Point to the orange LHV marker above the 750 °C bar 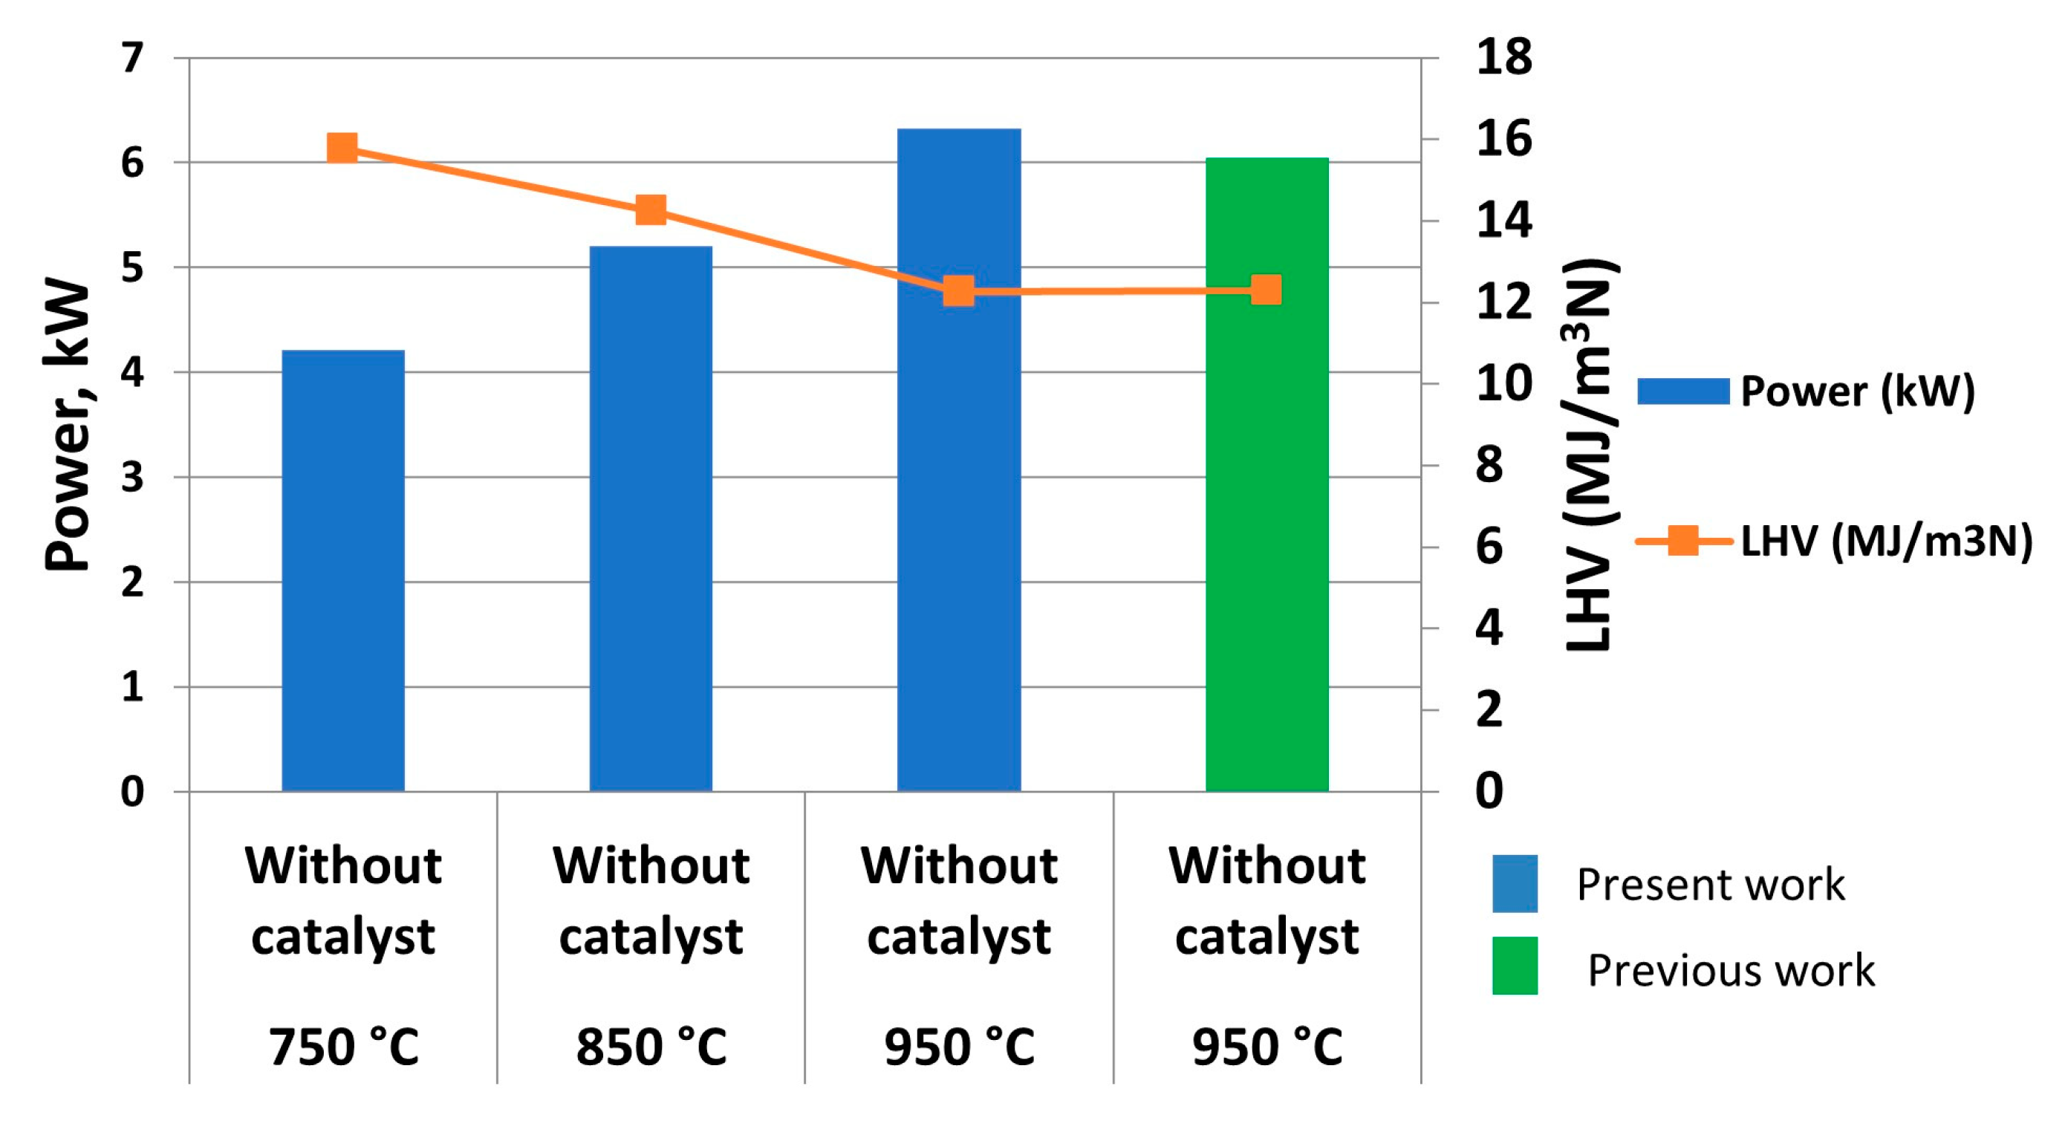pyautogui.click(x=342, y=149)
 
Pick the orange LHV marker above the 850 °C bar pyautogui.click(x=650, y=210)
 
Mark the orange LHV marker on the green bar pyautogui.click(x=1266, y=290)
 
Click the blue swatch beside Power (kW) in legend pyautogui.click(x=1682, y=391)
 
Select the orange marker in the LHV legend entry pyautogui.click(x=1682, y=540)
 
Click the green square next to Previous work pyautogui.click(x=1515, y=966)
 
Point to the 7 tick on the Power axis pyautogui.click(x=132, y=58)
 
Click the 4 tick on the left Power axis pyautogui.click(x=132, y=372)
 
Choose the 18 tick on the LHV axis pyautogui.click(x=1503, y=58)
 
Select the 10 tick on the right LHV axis pyautogui.click(x=1503, y=383)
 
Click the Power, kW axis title pyautogui.click(x=68, y=426)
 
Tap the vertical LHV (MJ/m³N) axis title pyautogui.click(x=1590, y=453)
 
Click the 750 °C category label pyautogui.click(x=344, y=1047)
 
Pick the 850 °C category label pyautogui.click(x=651, y=1047)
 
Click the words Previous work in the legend pyautogui.click(x=1731, y=970)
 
